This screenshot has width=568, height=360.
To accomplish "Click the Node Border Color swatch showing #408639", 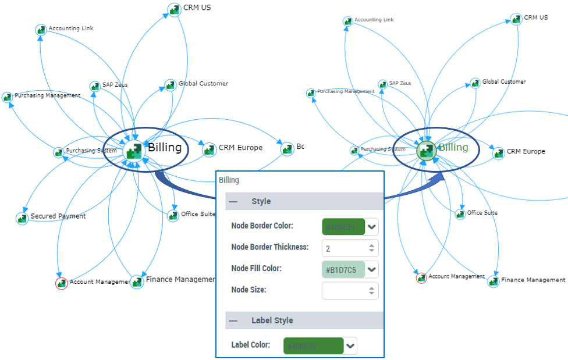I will (x=343, y=227).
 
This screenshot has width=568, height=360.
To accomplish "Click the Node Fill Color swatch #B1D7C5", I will (x=343, y=270).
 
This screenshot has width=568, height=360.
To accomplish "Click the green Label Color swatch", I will (x=313, y=346).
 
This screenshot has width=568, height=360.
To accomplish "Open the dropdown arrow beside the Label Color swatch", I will (x=350, y=346).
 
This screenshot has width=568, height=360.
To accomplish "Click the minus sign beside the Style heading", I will (x=233, y=201).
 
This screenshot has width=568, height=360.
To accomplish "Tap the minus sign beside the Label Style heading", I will (x=233, y=320).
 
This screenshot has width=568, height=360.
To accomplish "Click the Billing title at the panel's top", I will (x=229, y=180).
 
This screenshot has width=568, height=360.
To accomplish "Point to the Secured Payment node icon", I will (x=22, y=218).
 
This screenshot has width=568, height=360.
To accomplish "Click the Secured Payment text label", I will (x=58, y=216).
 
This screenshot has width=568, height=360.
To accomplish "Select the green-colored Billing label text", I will (x=453, y=147).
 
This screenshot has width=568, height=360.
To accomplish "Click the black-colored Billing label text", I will (x=165, y=148).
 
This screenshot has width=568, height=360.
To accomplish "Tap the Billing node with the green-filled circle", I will (x=427, y=150).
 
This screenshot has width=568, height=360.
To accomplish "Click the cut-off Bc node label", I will (x=300, y=147).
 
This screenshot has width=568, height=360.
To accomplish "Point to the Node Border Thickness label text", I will (x=269, y=247).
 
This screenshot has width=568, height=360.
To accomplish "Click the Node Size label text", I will (x=248, y=290).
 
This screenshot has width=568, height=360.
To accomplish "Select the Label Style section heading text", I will (x=272, y=320).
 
